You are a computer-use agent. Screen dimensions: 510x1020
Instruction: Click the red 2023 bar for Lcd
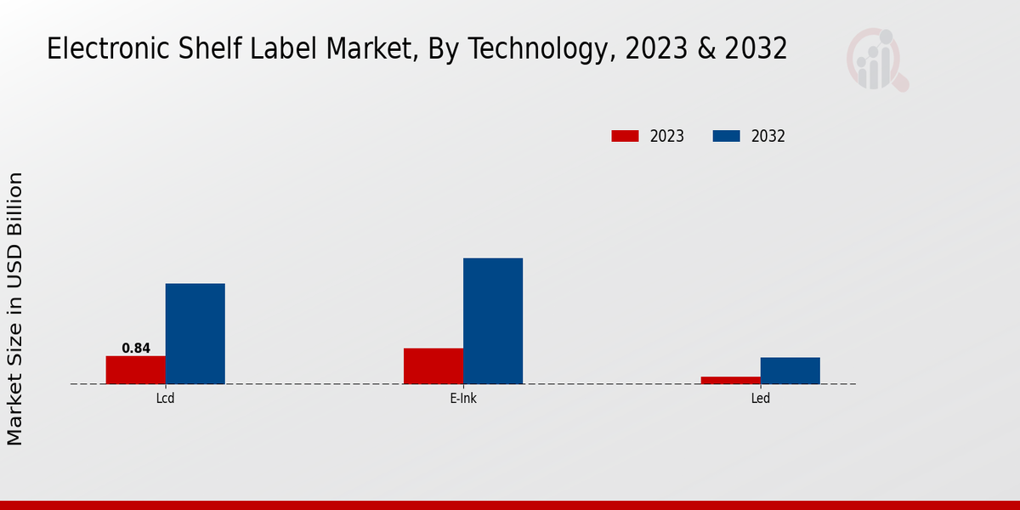[136, 370]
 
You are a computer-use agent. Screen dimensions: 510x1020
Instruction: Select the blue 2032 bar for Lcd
[195, 333]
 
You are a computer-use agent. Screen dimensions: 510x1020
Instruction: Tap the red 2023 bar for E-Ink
[433, 365]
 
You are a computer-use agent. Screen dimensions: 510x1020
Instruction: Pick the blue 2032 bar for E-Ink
[493, 320]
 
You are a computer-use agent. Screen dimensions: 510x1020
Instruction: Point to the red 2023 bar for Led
[731, 380]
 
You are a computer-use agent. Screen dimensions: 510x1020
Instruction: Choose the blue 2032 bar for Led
[790, 371]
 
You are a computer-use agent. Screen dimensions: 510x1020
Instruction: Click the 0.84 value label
[136, 348]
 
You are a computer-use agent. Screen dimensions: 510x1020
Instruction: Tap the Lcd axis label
[166, 398]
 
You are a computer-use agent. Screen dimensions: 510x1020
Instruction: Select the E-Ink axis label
[463, 398]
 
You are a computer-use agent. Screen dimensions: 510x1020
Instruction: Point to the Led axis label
[761, 398]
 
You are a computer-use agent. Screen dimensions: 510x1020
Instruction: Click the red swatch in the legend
[625, 136]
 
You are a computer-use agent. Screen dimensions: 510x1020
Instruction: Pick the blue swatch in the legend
[726, 136]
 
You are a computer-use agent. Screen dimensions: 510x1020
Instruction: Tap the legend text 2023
[667, 136]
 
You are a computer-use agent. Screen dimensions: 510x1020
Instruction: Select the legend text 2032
[768, 136]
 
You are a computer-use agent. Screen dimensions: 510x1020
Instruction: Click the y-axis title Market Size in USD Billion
[15, 309]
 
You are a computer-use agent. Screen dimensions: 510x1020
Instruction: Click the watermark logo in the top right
[875, 59]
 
